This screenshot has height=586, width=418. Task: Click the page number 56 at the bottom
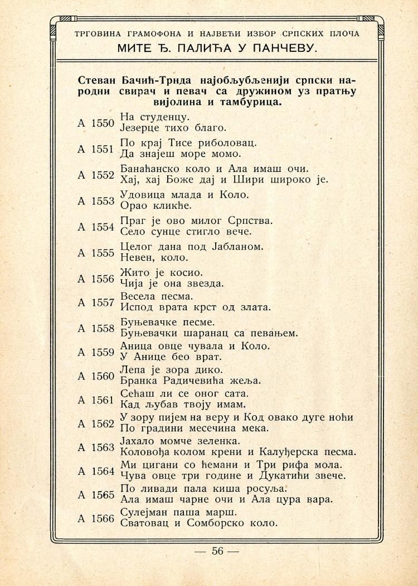tap(217, 551)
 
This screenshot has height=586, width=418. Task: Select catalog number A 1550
tap(95, 123)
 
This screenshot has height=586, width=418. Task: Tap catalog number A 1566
tap(95, 518)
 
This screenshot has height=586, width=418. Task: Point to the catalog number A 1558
tap(95, 328)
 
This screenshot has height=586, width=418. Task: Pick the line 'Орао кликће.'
tap(148, 205)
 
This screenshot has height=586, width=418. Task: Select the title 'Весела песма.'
tap(157, 296)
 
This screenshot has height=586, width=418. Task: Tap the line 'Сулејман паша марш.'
tap(178, 512)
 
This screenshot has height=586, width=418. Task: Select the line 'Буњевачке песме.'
tap(168, 322)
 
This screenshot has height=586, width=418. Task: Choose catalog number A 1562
tap(95, 424)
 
